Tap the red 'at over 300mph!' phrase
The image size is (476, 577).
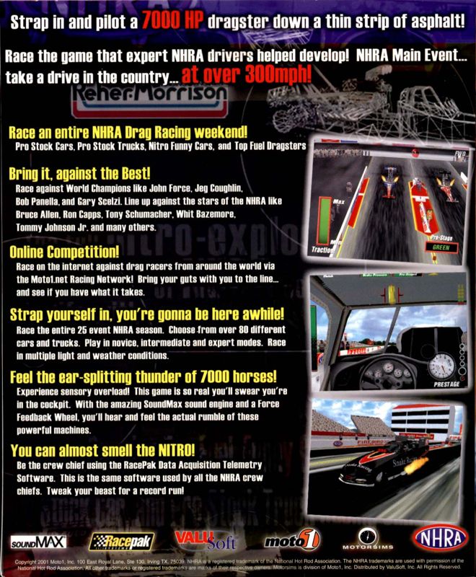(247, 74)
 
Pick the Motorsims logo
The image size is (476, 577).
(369, 539)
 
